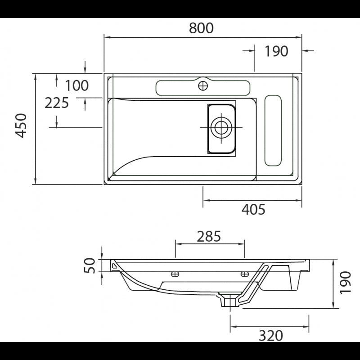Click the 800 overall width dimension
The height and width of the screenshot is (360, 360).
[x=201, y=28]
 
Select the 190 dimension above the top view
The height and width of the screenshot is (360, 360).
[x=276, y=51]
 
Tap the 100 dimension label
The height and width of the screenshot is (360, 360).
[x=77, y=85]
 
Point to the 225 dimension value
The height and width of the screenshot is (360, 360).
[x=57, y=103]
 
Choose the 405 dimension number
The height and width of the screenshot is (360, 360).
[x=253, y=209]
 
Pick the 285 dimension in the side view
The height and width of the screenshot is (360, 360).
[x=209, y=236]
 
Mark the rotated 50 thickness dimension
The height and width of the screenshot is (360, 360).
[x=90, y=265]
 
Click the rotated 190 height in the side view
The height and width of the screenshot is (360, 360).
[x=345, y=283]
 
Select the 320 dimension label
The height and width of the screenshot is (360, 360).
[x=271, y=335]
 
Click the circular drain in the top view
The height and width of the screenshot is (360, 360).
[x=221, y=127]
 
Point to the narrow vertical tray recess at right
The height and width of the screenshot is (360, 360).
[x=273, y=130]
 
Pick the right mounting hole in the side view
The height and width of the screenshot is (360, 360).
[x=245, y=274]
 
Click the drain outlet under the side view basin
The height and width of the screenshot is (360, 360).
[x=229, y=300]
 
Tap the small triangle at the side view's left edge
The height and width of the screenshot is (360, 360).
[x=114, y=266]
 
